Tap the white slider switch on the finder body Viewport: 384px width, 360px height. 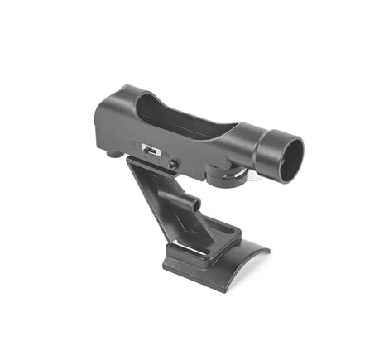151,150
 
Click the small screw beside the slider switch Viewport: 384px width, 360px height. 173,165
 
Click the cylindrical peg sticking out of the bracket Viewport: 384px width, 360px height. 188,201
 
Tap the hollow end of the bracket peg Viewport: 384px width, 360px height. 196,204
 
